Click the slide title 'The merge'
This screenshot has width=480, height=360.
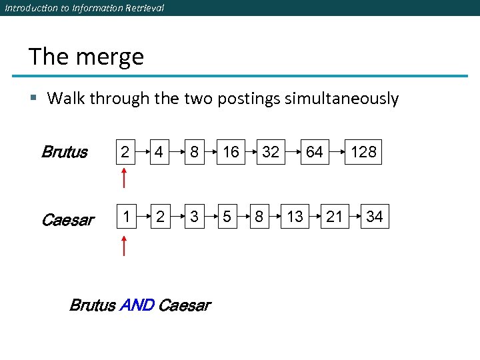pos(86,57)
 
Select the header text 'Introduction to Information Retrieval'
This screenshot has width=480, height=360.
pos(84,8)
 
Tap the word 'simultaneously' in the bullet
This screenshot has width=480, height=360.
pos(341,99)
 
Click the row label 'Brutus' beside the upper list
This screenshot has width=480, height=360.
pos(64,152)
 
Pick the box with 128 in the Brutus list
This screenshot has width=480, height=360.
pos(363,152)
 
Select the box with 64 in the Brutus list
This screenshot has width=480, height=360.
pos(314,152)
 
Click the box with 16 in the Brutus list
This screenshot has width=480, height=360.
pos(231,152)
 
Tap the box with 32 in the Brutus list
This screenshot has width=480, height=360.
pos(270,152)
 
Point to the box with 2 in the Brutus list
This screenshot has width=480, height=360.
pos(124,152)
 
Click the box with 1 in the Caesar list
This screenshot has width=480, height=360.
pos(124,217)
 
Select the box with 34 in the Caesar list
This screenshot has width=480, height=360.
pos(375,217)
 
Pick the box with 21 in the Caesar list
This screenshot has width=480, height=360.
pos(335,217)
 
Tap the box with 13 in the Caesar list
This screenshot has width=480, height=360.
pos(295,217)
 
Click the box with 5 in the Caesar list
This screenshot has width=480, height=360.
pos(227,217)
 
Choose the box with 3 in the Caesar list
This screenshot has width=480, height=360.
pos(194,217)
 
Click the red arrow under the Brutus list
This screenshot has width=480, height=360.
pos(124,179)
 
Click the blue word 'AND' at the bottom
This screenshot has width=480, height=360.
pos(137,306)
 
